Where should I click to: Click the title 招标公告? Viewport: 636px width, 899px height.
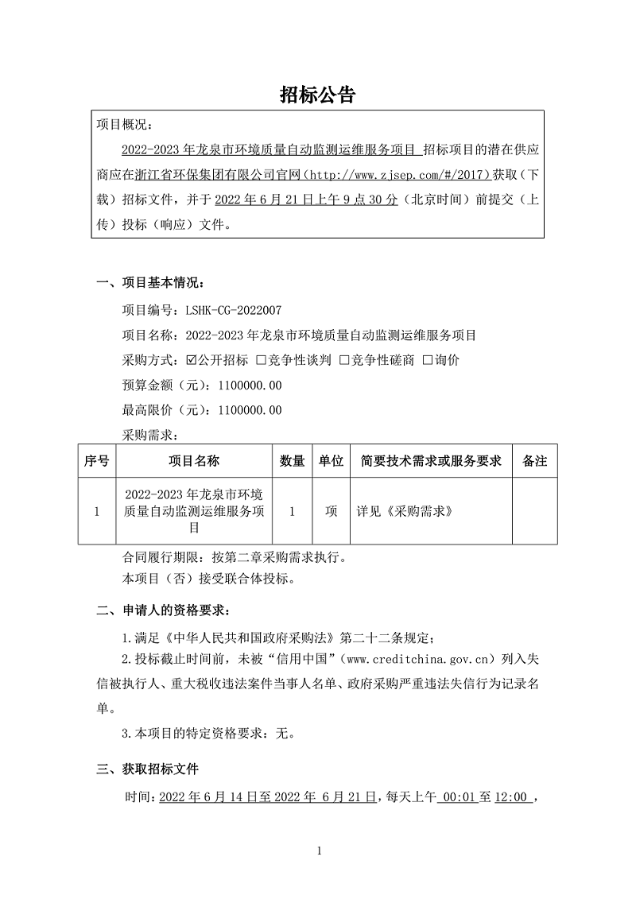(317, 95)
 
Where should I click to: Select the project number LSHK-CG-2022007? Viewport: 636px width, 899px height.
(233, 310)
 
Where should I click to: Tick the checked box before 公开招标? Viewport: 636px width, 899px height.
(191, 360)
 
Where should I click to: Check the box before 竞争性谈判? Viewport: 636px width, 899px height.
(261, 360)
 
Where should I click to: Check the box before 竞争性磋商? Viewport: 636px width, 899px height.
(344, 360)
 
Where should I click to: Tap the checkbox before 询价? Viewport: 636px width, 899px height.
(428, 360)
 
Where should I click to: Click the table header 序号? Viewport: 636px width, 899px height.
(97, 461)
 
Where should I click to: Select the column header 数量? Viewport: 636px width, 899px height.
(293, 461)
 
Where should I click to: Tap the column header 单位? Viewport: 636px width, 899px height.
(331, 461)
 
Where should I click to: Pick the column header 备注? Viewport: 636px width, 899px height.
(534, 461)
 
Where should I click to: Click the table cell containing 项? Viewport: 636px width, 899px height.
(331, 512)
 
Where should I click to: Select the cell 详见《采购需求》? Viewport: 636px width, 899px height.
(405, 512)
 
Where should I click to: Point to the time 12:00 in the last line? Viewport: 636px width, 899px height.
(512, 796)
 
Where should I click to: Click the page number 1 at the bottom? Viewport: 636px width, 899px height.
(319, 852)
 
